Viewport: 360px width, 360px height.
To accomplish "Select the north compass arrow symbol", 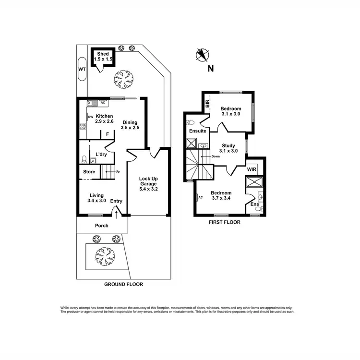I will click(x=202, y=55).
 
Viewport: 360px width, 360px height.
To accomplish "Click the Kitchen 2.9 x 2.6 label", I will click(x=104, y=119).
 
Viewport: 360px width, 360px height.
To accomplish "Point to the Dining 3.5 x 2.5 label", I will click(x=130, y=125).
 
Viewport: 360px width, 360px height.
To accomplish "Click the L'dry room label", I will click(x=101, y=154).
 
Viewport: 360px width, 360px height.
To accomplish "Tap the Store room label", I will click(x=89, y=171).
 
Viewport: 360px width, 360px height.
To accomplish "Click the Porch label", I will click(x=101, y=226).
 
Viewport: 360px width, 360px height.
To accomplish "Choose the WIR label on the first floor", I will click(x=252, y=169).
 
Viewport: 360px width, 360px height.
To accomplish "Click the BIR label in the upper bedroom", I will click(x=207, y=103).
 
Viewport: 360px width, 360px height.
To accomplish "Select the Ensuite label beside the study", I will click(x=197, y=131).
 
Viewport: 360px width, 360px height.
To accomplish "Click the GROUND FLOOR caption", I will click(x=123, y=284).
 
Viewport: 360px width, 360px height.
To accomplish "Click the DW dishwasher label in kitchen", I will click(x=90, y=116).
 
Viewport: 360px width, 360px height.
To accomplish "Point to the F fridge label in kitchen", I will click(x=108, y=134).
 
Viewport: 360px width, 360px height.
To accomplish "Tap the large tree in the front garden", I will click(x=103, y=252).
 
